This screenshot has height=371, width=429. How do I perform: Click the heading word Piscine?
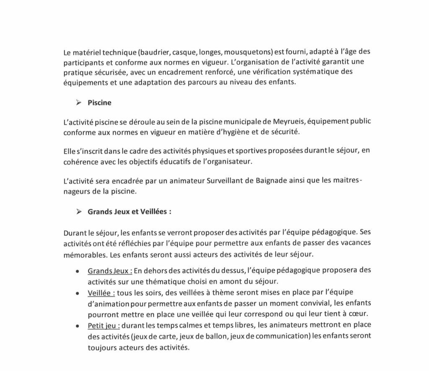coord(99,102)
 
